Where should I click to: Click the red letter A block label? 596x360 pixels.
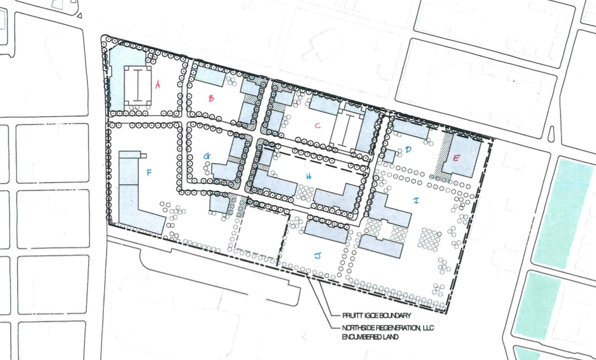tap(158, 85)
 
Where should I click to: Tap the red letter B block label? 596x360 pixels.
tap(211, 99)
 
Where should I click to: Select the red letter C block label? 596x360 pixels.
tap(318, 126)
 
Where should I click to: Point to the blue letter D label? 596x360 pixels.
tap(408, 149)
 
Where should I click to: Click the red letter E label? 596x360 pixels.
tap(456, 159)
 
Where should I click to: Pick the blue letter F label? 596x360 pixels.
tap(149, 173)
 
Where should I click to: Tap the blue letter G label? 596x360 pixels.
tap(207, 156)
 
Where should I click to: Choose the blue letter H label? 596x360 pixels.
tap(309, 176)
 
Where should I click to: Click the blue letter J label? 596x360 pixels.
tap(318, 256)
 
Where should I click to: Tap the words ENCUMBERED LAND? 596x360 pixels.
tap(370, 337)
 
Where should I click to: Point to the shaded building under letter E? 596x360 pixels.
tap(466, 155)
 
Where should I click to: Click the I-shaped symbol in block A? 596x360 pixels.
tap(138, 86)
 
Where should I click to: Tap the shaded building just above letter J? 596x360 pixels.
tap(326, 231)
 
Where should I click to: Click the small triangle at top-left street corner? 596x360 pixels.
tap(79, 15)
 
